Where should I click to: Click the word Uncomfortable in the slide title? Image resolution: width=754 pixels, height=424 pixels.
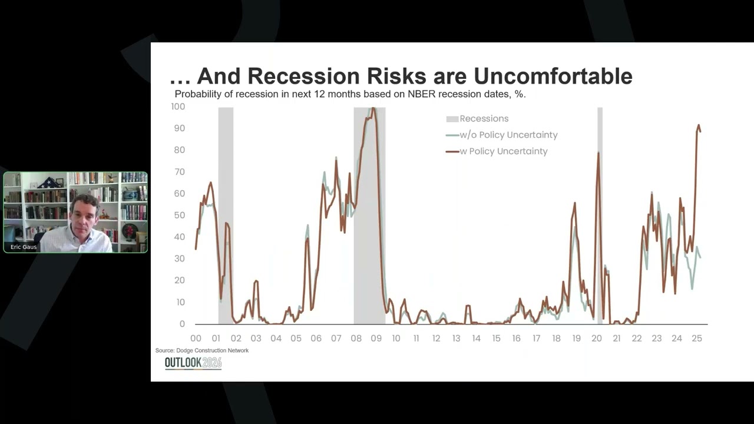[x=553, y=76]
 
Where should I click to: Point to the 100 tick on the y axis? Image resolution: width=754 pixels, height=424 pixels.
[x=178, y=107]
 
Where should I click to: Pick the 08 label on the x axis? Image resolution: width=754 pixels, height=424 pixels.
[x=356, y=339]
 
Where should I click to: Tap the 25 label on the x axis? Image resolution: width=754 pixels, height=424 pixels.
[x=696, y=339]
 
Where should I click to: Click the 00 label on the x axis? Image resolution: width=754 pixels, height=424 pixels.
[x=196, y=339]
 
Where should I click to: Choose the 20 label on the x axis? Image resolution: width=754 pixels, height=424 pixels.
[x=596, y=339]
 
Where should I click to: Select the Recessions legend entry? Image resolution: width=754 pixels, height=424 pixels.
[x=484, y=118]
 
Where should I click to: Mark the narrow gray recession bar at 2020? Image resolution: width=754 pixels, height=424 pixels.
[x=600, y=236]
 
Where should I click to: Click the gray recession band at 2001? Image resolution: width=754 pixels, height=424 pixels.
[x=226, y=236]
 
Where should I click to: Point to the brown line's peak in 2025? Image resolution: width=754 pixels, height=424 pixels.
[x=699, y=125]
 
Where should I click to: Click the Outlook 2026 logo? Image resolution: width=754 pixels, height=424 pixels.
[x=193, y=363]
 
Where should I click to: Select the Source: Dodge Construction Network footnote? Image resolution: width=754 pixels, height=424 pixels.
[x=202, y=350]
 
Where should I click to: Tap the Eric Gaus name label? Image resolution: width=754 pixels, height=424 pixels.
[x=24, y=247]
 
